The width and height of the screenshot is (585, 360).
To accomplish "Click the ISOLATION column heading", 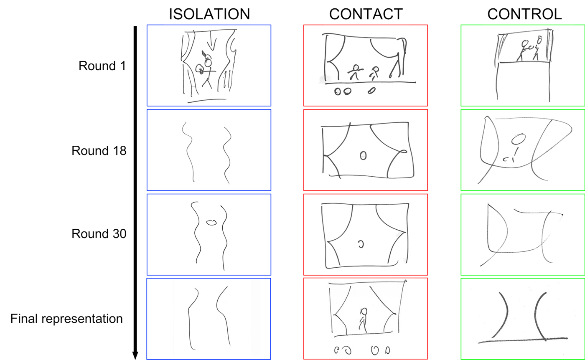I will click(209, 14).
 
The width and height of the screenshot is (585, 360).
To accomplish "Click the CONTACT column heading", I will click(366, 14).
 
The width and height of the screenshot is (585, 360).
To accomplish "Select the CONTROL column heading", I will click(524, 14).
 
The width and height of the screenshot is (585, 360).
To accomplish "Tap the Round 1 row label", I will click(102, 66).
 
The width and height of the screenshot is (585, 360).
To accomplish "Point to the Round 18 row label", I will click(99, 150).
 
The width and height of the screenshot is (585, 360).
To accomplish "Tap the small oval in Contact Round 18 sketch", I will click(364, 155).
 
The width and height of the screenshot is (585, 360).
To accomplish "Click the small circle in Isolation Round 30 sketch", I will click(212, 223).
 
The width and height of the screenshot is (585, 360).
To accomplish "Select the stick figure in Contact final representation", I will click(363, 320).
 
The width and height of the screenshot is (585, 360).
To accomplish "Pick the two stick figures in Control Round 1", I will click(530, 49).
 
